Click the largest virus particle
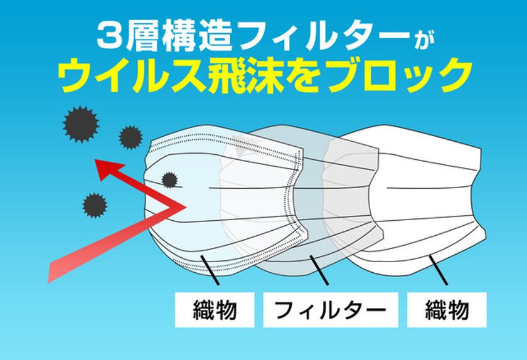(81, 124)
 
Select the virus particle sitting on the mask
(170, 180)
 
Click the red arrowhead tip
(95, 161)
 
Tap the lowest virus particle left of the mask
(95, 205)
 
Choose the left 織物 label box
(215, 310)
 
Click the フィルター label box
(331, 310)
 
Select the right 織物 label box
(447, 310)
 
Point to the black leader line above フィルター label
(319, 270)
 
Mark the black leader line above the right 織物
(438, 270)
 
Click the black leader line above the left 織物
(210, 270)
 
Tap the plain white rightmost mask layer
(430, 195)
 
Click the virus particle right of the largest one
(130, 137)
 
